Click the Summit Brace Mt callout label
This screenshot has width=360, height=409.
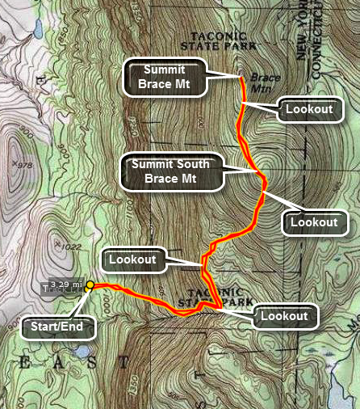point(164,78)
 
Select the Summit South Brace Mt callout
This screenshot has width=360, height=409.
point(170,171)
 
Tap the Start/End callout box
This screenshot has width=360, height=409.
point(59,327)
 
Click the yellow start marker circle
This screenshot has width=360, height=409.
point(90,285)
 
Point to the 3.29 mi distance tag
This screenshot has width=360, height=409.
point(65,285)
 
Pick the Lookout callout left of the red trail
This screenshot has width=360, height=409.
point(134,259)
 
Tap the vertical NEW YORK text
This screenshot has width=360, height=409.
point(303,40)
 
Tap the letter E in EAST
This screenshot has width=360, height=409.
point(25,364)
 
